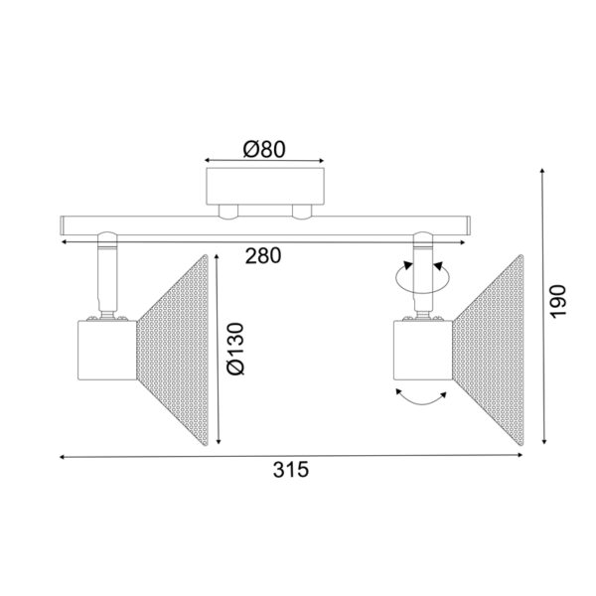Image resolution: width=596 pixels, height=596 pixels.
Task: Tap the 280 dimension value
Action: click(263, 255)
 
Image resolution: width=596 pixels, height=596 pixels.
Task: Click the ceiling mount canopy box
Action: click(264, 188)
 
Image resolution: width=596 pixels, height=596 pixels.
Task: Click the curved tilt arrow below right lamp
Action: click(419, 400)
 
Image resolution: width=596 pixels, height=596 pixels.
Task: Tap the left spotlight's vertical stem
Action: click(105, 281)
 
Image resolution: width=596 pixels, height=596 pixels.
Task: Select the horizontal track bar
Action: click(264, 224)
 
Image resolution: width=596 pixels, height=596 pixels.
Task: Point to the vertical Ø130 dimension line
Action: click(219, 348)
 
